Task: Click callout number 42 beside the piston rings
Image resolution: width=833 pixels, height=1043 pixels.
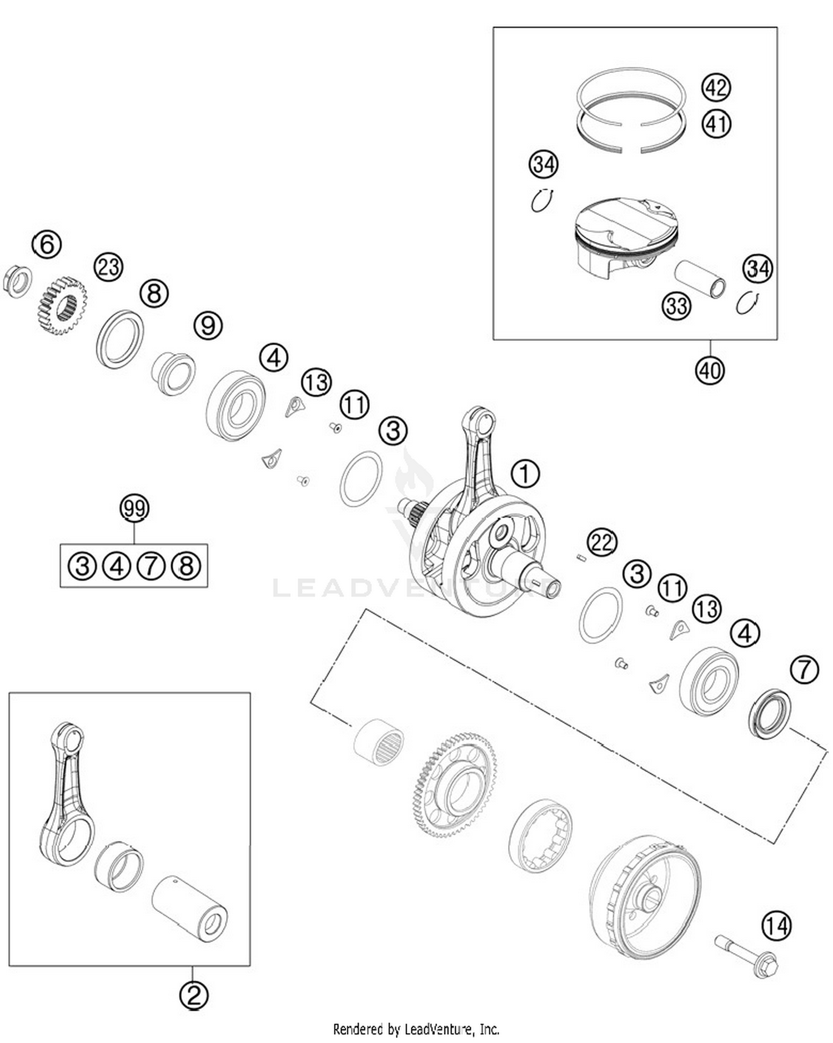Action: tap(716, 88)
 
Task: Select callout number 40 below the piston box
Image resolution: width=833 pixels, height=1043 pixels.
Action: tap(709, 370)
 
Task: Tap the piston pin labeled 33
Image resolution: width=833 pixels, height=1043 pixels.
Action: tap(700, 279)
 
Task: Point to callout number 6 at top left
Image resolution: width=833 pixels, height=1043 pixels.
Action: tap(47, 244)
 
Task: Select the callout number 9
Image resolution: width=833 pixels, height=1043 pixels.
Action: tap(208, 325)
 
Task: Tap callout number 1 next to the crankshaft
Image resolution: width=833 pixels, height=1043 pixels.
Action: tap(525, 474)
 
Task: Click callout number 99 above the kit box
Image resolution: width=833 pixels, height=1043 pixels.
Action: tap(134, 507)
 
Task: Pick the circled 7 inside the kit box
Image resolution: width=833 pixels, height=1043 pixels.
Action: tap(151, 566)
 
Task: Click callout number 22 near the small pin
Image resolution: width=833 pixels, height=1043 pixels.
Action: tap(601, 542)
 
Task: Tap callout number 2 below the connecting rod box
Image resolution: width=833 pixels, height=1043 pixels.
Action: tap(193, 995)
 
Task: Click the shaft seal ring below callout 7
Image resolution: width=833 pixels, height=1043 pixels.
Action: tap(770, 714)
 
